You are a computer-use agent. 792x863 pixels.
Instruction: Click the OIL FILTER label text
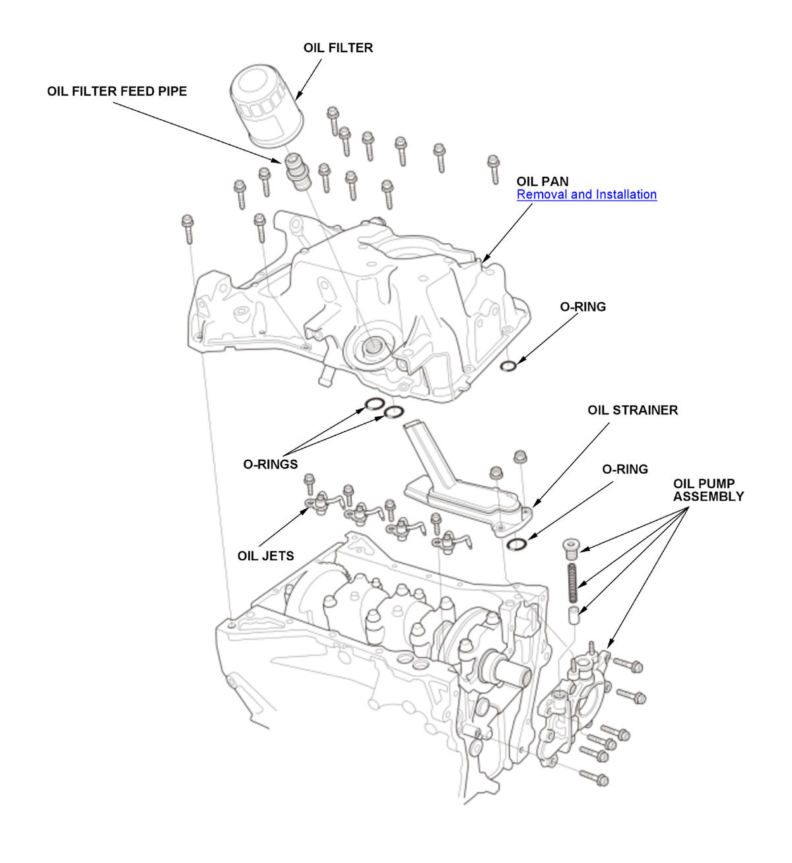338,48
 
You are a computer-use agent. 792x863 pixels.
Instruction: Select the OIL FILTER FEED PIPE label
117,91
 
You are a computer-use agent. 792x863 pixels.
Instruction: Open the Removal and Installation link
586,195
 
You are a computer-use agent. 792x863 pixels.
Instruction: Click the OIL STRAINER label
632,410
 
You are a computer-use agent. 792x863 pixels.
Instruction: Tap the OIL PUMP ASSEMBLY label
708,490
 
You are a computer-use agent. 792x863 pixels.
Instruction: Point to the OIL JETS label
265,556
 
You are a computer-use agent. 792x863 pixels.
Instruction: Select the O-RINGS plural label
271,464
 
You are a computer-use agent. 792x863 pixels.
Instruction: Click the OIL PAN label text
542,181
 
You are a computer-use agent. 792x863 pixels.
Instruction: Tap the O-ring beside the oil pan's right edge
508,366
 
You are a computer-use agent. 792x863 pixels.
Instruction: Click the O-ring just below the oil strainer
517,543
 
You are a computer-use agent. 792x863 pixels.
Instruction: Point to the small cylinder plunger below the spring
575,615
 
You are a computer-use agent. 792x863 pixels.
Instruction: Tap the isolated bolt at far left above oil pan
187,228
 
